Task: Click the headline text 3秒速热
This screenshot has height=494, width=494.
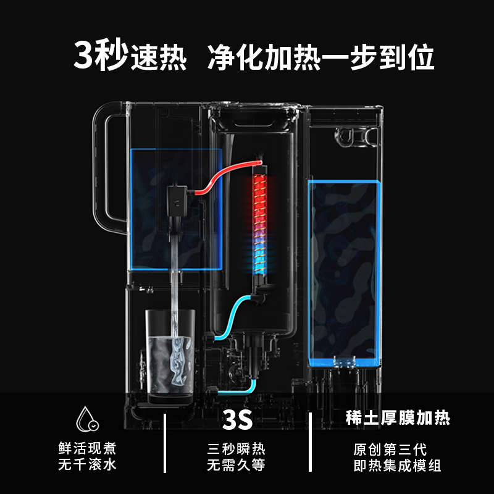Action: click(x=130, y=57)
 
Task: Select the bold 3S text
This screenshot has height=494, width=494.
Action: click(x=237, y=421)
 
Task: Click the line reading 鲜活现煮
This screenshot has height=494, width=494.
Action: click(x=87, y=448)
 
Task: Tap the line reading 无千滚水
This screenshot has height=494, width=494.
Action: click(x=87, y=465)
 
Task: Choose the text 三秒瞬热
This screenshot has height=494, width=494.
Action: click(x=237, y=448)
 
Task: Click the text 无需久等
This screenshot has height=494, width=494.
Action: click(x=237, y=465)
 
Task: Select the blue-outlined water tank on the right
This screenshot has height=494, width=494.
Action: click(x=345, y=272)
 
